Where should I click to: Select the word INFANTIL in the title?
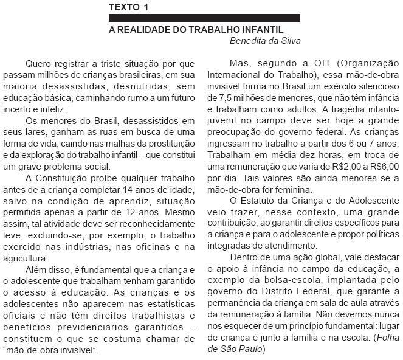click(263, 29)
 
